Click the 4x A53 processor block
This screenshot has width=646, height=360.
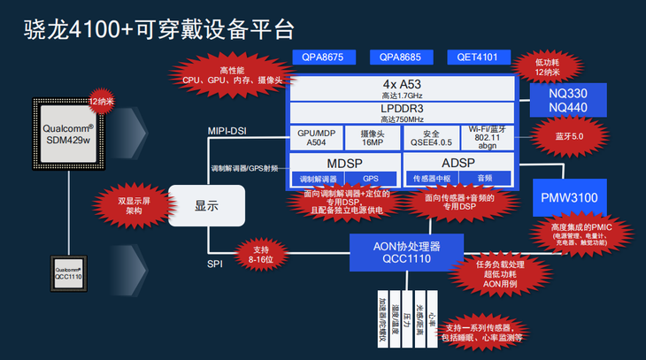(403, 88)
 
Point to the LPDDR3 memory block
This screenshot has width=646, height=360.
(403, 112)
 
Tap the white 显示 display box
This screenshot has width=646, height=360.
(205, 205)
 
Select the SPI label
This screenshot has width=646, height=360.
(215, 264)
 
